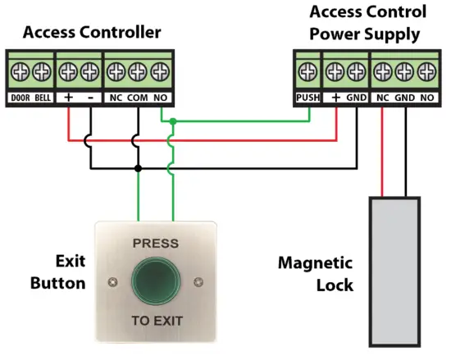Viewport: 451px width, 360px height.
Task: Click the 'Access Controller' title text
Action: [x=91, y=33]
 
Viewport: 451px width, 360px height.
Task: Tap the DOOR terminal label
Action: [x=20, y=98]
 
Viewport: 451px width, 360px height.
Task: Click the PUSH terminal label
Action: [x=307, y=98]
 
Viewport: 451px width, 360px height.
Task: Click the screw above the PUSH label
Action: [x=307, y=71]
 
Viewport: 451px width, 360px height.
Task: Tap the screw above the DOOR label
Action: [x=20, y=71]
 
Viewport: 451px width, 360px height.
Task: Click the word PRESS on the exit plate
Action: [x=156, y=244]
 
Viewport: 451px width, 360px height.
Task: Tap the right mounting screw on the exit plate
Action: [x=198, y=283]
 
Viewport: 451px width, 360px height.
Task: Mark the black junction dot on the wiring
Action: [x=138, y=168]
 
